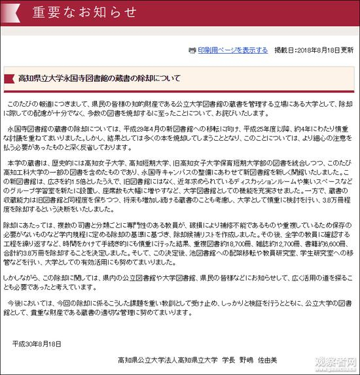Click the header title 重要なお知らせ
(76, 12)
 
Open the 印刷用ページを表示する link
(233, 50)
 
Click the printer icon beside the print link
(192, 50)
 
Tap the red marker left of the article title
(9, 79)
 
